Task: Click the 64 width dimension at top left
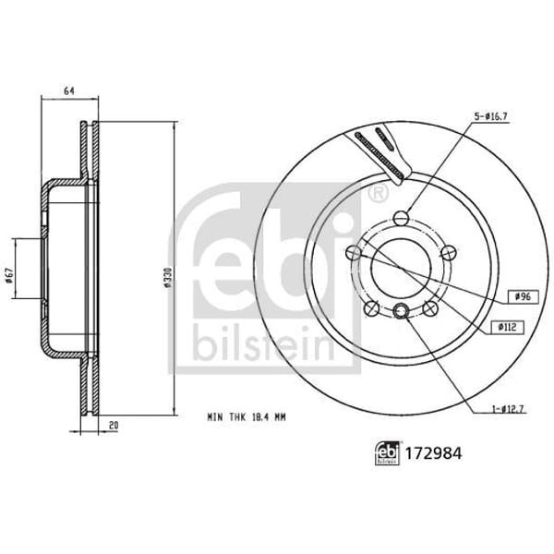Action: pos(68,90)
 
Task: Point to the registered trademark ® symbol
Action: pos(377,195)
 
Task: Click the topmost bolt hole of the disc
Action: pos(401,218)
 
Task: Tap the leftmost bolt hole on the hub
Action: pos(353,252)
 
